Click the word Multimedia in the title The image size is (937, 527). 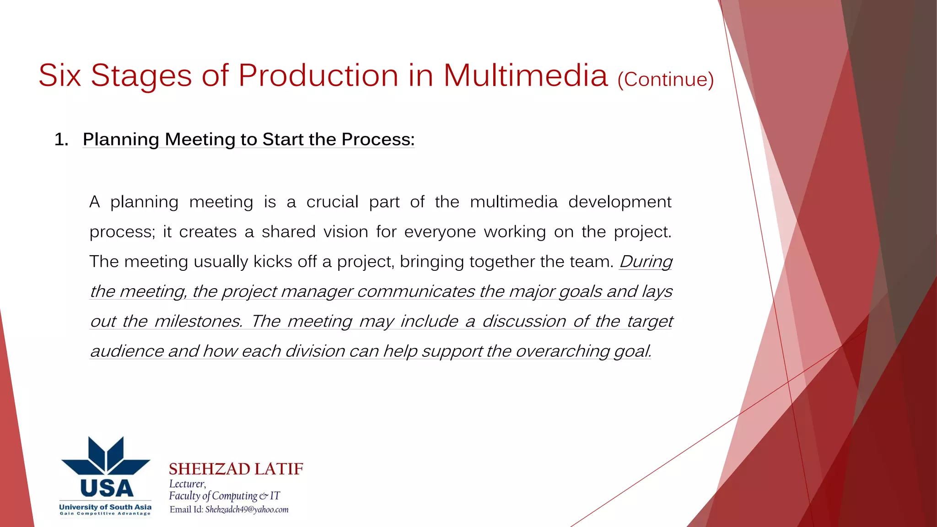[x=525, y=75]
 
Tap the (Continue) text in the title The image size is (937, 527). [x=665, y=80]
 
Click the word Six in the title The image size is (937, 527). [x=59, y=75]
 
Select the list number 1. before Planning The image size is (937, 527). [x=61, y=140]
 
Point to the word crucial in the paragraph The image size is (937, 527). [x=332, y=202]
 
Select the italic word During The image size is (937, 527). [x=646, y=262]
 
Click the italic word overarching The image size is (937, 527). [x=563, y=351]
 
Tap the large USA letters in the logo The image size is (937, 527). [x=106, y=489]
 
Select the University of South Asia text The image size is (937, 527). [x=105, y=507]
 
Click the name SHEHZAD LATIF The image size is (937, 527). [x=236, y=469]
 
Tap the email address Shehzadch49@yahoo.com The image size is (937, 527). [x=247, y=510]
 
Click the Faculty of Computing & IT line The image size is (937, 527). [x=224, y=496]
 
